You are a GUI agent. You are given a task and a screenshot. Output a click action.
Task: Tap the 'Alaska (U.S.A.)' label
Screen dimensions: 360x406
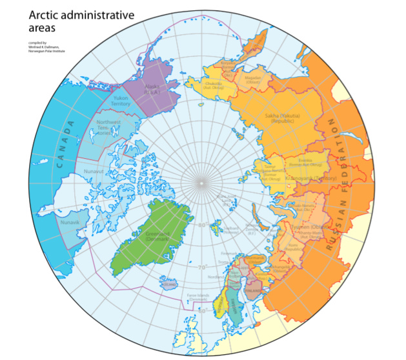pyautogui.click(x=152, y=89)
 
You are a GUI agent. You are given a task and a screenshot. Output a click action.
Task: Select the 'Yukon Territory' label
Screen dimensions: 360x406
pyautogui.click(x=121, y=101)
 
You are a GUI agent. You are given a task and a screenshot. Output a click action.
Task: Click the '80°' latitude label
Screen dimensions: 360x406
pyautogui.click(x=201, y=225)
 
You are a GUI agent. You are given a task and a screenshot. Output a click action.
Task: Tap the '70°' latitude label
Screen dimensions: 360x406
pyautogui.click(x=201, y=268)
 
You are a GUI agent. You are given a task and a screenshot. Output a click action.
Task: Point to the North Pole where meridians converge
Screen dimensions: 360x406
pyautogui.click(x=201, y=183)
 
